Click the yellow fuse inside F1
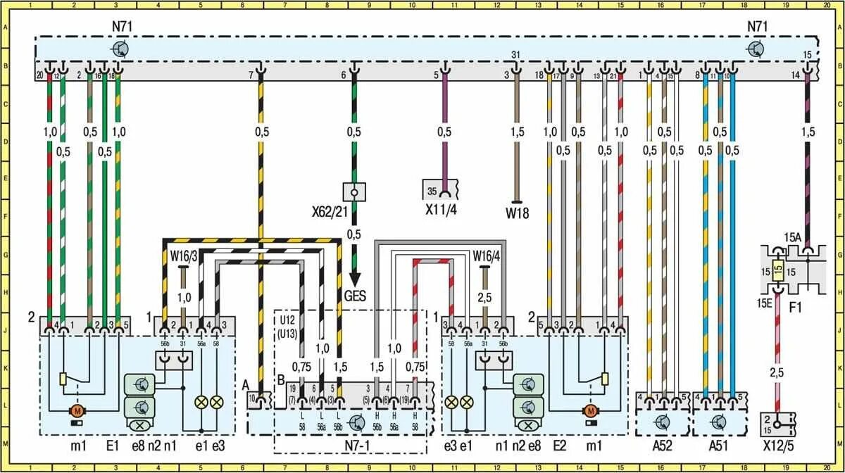pyautogui.click(x=777, y=270)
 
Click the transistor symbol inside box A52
pyautogui.click(x=662, y=422)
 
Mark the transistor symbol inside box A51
pyautogui.click(x=718, y=422)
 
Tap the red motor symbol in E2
pyautogui.click(x=589, y=410)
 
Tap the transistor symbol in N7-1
pyautogui.click(x=356, y=422)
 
